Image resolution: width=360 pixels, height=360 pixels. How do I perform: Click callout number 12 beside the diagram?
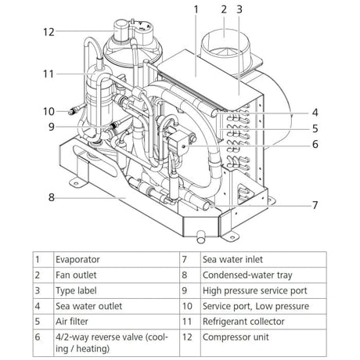pyautogui.click(x=49, y=32)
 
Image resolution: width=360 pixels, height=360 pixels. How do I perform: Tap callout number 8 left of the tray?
pyautogui.click(x=52, y=197)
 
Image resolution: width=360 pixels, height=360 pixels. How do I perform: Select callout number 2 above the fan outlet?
pyautogui.click(x=223, y=9)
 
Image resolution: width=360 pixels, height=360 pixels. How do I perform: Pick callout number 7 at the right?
pyautogui.click(x=315, y=205)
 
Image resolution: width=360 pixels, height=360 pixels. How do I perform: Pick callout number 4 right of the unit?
pyautogui.click(x=315, y=111)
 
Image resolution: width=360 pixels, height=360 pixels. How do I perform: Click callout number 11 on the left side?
pyautogui.click(x=49, y=74)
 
